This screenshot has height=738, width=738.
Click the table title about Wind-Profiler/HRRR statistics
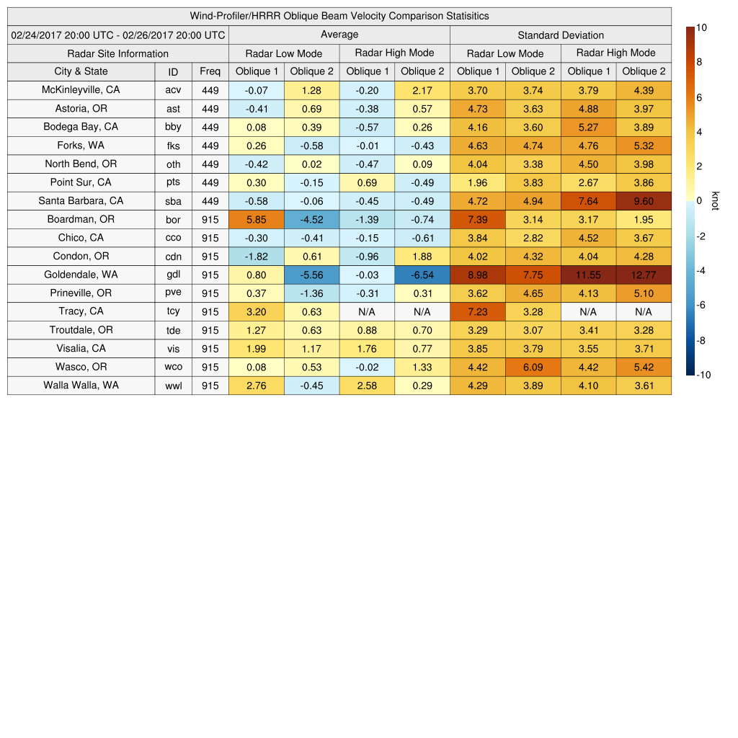(x=339, y=16)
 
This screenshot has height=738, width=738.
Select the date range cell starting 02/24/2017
(x=118, y=35)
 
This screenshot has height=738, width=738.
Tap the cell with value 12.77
(x=644, y=275)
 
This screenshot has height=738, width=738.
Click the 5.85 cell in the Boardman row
(x=256, y=219)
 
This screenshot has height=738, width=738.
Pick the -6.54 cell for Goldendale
(x=422, y=275)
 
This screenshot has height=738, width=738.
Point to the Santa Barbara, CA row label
(x=81, y=200)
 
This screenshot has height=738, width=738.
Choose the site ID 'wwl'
(x=173, y=386)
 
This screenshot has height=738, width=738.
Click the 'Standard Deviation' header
(x=561, y=35)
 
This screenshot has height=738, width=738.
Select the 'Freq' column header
(x=210, y=71)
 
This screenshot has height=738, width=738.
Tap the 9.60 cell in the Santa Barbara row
(x=644, y=201)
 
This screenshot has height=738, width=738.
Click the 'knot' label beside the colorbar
(x=715, y=201)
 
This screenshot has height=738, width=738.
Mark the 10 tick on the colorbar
(x=701, y=27)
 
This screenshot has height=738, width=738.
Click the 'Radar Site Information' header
(x=117, y=53)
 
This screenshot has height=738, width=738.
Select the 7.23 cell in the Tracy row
(x=477, y=311)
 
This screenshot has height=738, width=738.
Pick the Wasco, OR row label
(x=81, y=367)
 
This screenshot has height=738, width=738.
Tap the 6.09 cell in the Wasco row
(x=533, y=367)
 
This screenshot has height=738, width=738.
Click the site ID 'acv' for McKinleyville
(x=173, y=90)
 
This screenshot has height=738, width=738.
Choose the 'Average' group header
(x=339, y=35)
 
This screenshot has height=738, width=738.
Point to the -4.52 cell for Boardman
(x=311, y=219)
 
